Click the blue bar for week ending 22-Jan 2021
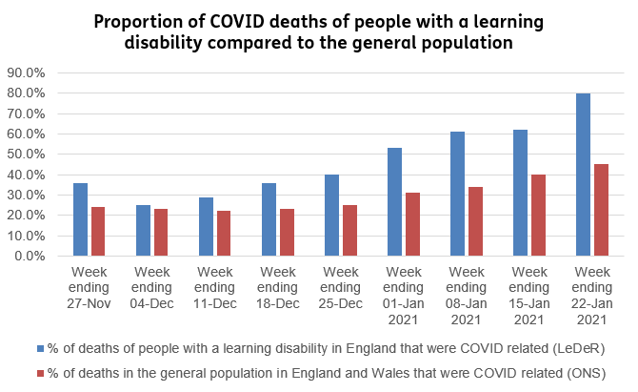click(583, 175)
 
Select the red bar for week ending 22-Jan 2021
click(601, 210)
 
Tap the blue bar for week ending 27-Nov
click(80, 219)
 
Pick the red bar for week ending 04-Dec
click(161, 233)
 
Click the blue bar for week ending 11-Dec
click(206, 227)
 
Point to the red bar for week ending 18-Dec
click(287, 233)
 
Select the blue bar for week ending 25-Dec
click(331, 216)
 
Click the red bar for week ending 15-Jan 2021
click(538, 216)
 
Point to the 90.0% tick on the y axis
click(26, 72)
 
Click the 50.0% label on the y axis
click(26, 155)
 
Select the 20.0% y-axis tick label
click(26, 216)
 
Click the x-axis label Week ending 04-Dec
click(151, 285)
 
